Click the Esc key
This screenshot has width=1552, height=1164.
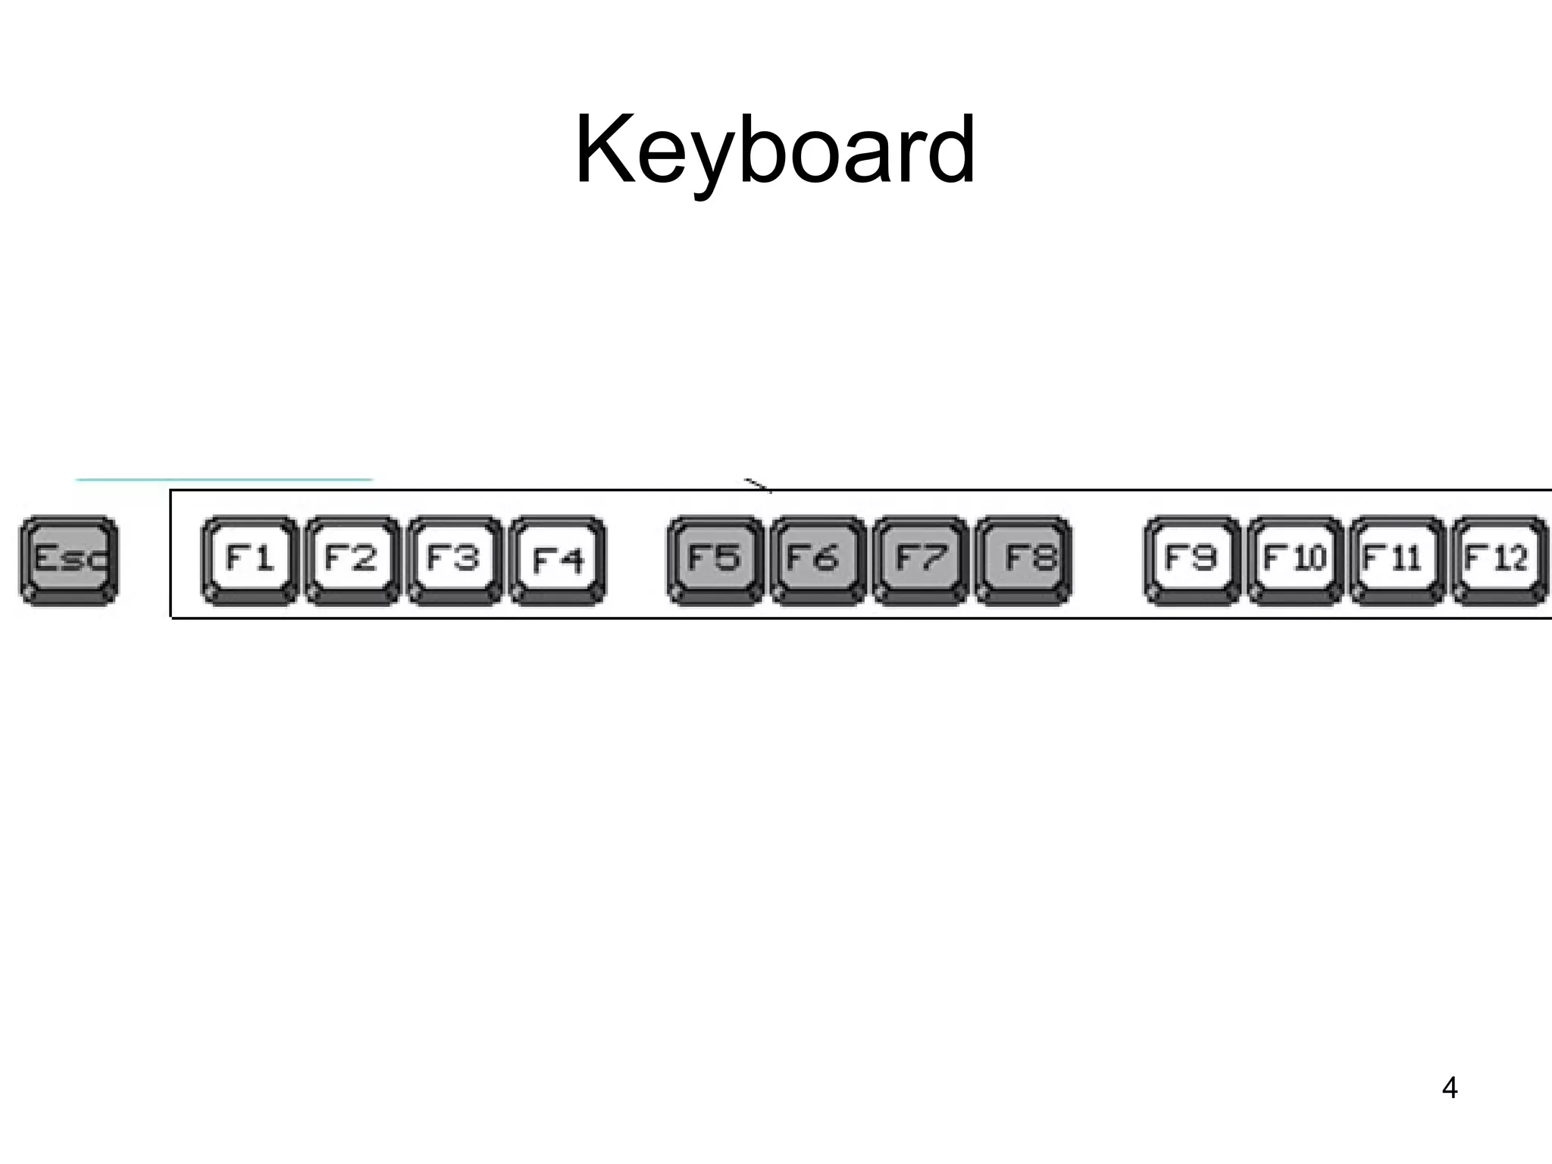[x=69, y=560]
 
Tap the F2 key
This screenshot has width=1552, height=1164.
[x=352, y=560]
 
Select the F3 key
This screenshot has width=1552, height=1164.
[x=454, y=560]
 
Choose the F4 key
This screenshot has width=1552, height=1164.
[x=558, y=560]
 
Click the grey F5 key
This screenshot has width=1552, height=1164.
[x=715, y=560]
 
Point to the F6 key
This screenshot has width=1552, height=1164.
[x=817, y=560]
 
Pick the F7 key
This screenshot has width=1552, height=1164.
[x=920, y=560]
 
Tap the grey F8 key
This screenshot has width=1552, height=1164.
[x=1023, y=560]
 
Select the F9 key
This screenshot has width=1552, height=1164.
[x=1191, y=560]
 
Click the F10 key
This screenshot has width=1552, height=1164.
[x=1294, y=560]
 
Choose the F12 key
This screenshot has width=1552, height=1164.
[x=1499, y=560]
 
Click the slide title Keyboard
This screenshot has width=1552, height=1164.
[x=775, y=149]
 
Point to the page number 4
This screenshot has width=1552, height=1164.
[x=1450, y=1088]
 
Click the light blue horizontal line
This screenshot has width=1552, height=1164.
[x=224, y=480]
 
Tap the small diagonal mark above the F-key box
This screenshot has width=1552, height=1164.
[x=758, y=485]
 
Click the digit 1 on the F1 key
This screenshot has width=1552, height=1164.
[x=262, y=559]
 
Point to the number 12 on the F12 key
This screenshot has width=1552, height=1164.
[x=1510, y=559]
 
